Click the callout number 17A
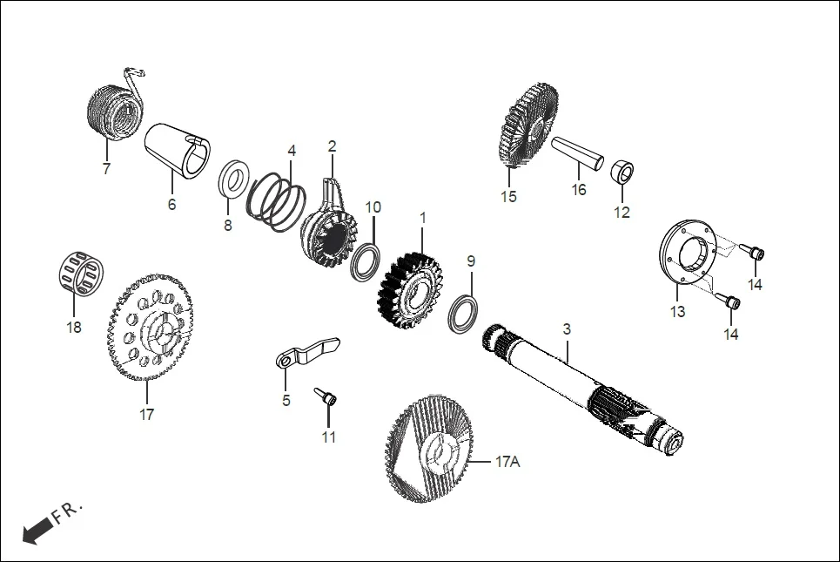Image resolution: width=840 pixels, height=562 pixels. [x=507, y=462]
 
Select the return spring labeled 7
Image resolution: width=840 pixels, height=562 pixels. [x=114, y=110]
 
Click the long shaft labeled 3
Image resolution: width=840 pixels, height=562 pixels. [x=575, y=383]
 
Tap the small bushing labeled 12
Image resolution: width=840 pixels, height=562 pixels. [x=623, y=172]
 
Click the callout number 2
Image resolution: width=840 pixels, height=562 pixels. [x=332, y=146]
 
